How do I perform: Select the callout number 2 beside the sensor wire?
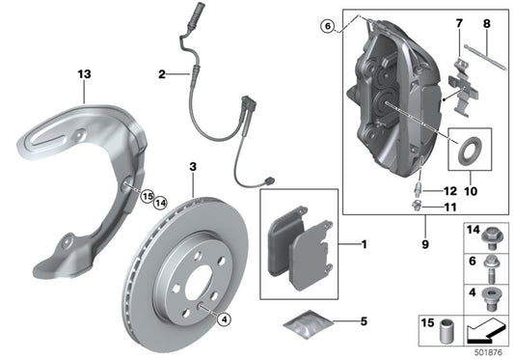pyautogui.click(x=162, y=73)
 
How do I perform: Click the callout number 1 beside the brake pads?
pyautogui.click(x=364, y=245)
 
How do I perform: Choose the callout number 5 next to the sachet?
pyautogui.click(x=364, y=322)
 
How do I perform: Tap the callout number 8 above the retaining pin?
pyautogui.click(x=487, y=21)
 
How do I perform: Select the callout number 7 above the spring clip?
pyautogui.click(x=458, y=21)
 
